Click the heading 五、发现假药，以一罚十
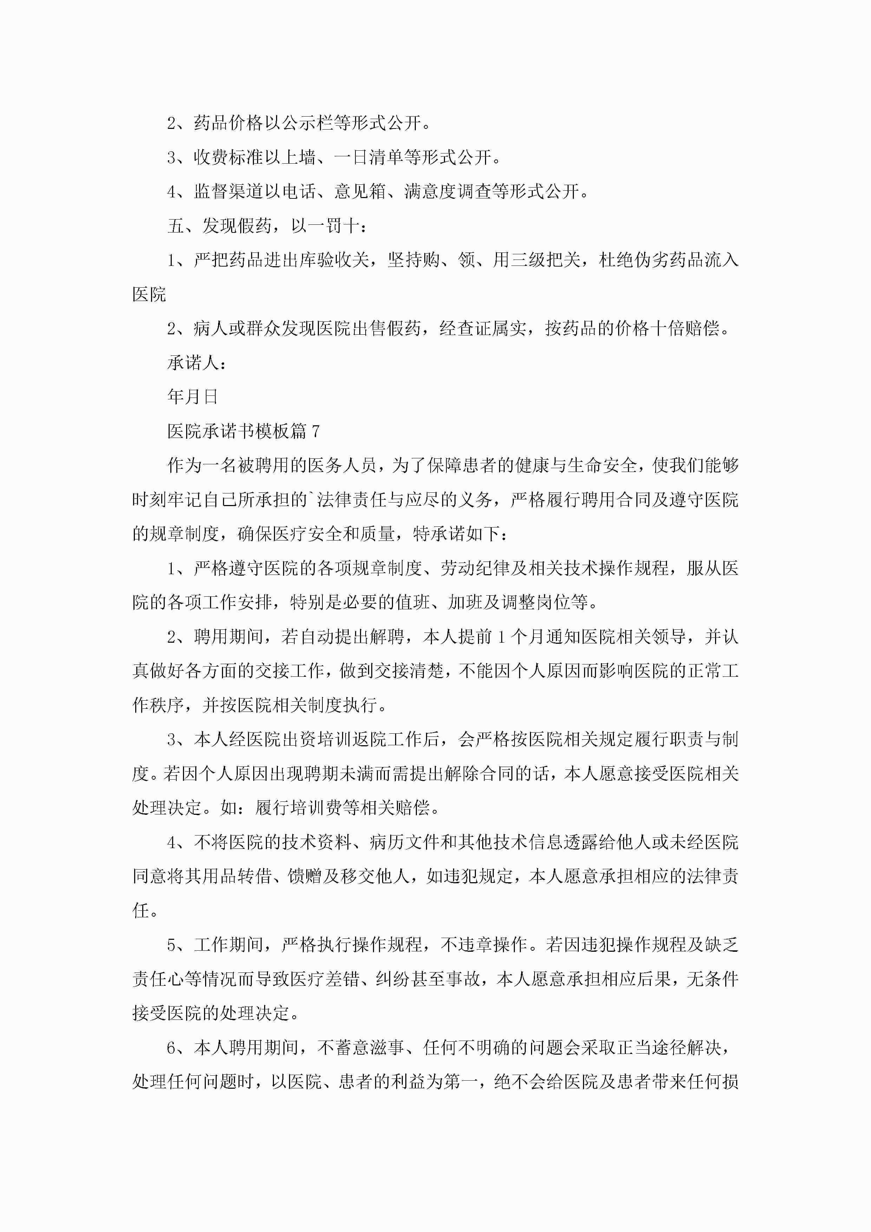coord(267,226)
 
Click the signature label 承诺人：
coord(196,363)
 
